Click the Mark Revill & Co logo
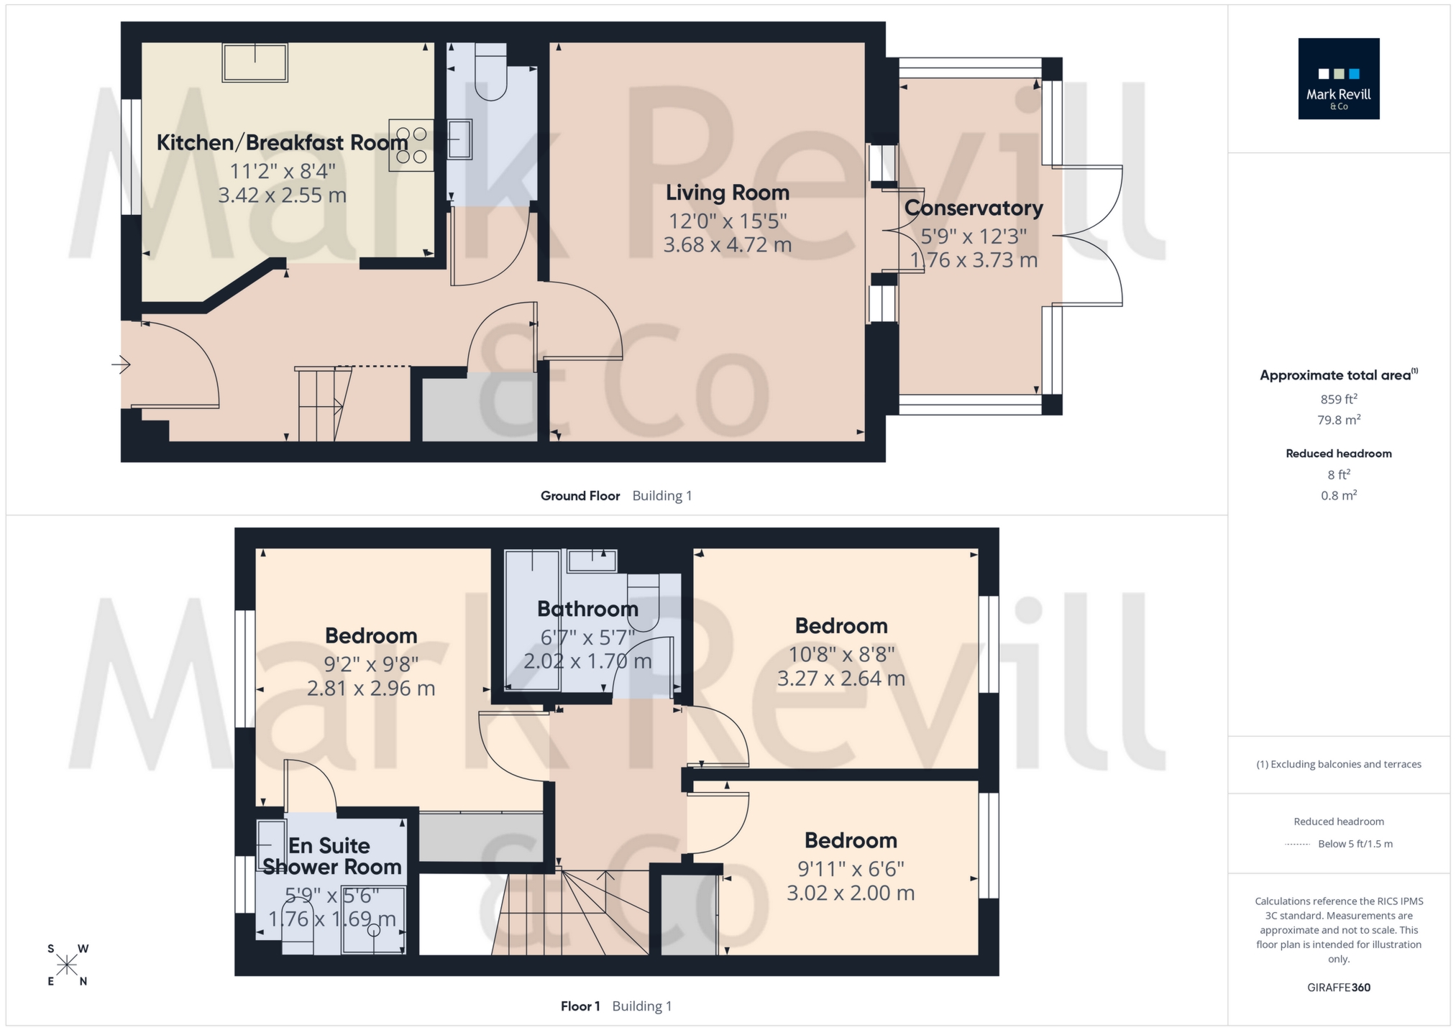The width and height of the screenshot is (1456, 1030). click(1338, 78)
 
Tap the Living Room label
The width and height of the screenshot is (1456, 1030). click(727, 193)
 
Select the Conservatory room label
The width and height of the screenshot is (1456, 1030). click(974, 208)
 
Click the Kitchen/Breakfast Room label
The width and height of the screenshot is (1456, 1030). click(282, 143)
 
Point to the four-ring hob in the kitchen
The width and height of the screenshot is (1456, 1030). click(411, 145)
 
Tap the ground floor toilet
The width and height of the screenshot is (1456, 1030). click(491, 73)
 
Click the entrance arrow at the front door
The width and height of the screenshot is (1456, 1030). click(121, 365)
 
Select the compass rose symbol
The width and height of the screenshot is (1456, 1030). click(67, 965)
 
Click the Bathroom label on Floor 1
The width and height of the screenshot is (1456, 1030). click(587, 610)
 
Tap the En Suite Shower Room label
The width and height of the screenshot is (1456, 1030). click(331, 856)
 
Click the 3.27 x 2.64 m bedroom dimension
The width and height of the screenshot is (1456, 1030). click(841, 679)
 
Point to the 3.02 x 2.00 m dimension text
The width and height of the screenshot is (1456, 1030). click(850, 893)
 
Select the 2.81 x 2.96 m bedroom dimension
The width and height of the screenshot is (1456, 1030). click(370, 689)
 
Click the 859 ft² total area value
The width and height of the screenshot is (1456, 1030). click(1338, 400)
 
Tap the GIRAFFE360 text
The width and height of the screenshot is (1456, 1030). click(1338, 988)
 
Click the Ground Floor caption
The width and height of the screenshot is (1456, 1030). click(580, 496)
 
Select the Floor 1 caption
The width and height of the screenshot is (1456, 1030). click(580, 1006)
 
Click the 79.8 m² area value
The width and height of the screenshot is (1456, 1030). click(1338, 420)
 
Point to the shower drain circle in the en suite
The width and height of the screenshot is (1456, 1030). click(373, 930)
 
